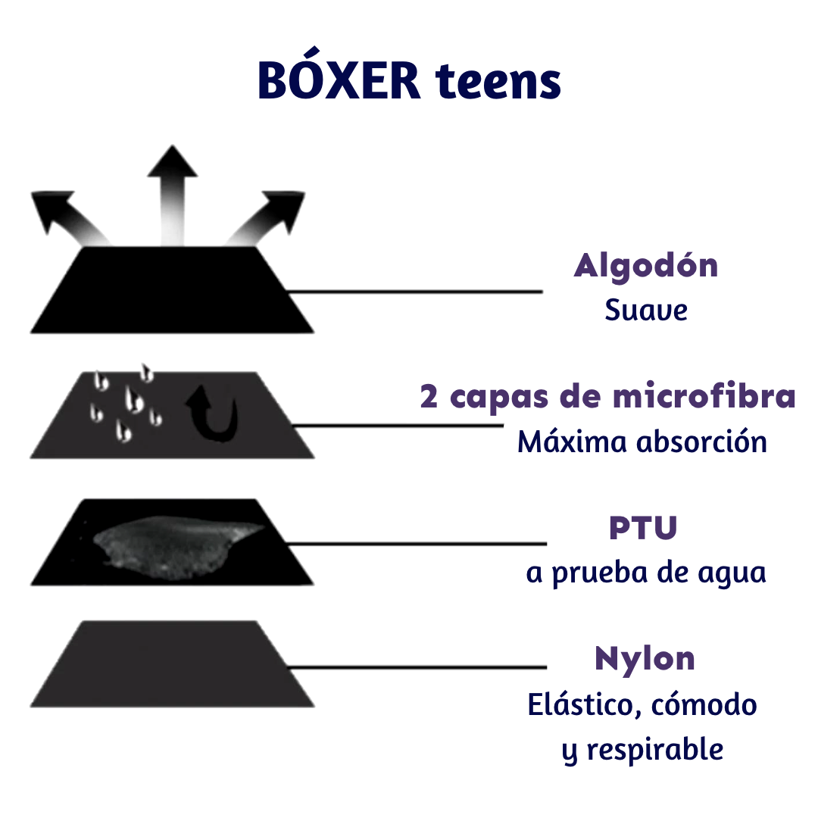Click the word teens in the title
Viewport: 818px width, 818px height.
tap(498, 81)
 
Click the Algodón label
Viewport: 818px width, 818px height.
tap(646, 267)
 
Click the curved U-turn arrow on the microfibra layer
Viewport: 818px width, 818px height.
tap(214, 414)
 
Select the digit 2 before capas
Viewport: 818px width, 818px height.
tap(429, 396)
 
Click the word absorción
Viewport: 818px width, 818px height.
tap(701, 442)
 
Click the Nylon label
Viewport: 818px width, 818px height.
tap(645, 659)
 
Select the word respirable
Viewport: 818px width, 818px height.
tap(655, 750)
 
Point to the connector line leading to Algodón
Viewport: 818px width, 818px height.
tap(415, 292)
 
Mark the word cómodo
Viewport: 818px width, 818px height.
tap(704, 704)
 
